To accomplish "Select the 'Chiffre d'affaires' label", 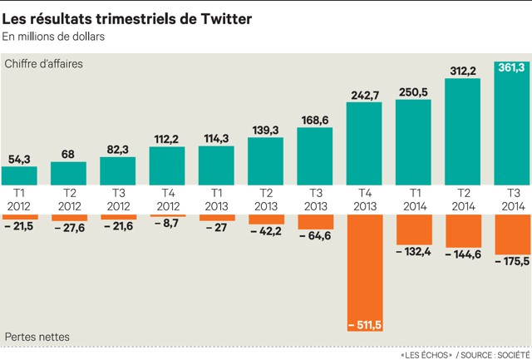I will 43,64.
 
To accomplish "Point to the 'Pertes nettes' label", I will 37,336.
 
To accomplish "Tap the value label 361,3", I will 512,67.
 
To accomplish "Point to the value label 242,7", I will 364,94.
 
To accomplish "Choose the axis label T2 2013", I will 266,199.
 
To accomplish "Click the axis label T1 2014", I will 413,199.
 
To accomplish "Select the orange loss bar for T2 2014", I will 462,230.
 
